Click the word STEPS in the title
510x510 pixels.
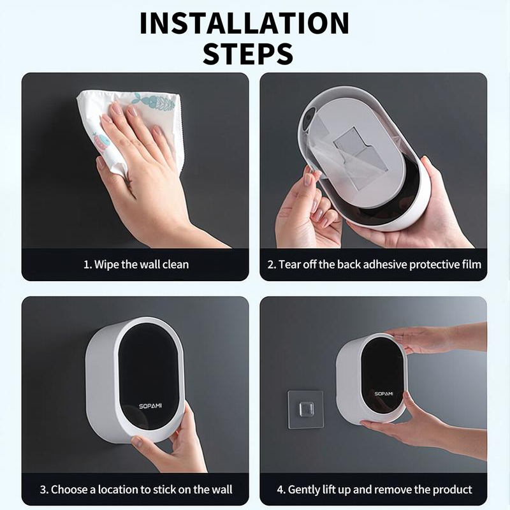pos(248,53)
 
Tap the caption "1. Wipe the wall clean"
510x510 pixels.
pos(136,264)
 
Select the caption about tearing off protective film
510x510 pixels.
pos(374,264)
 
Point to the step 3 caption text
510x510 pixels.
pos(136,490)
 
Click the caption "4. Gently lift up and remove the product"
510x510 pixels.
pos(374,490)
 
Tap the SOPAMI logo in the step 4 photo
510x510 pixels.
pos(384,393)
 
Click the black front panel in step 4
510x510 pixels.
pos(382,376)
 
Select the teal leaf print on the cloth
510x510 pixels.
pos(156,102)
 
